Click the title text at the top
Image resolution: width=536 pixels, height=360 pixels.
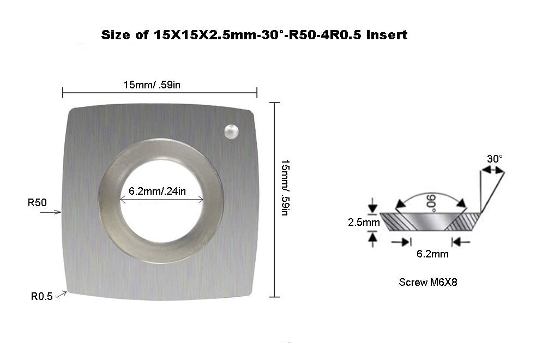[x=255, y=35]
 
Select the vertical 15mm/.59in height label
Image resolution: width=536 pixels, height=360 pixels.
[x=284, y=187]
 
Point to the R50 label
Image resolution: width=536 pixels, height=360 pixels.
[x=37, y=202]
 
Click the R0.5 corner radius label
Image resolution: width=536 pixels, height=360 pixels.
[x=41, y=297]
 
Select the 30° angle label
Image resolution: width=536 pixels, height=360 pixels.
[x=494, y=159]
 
